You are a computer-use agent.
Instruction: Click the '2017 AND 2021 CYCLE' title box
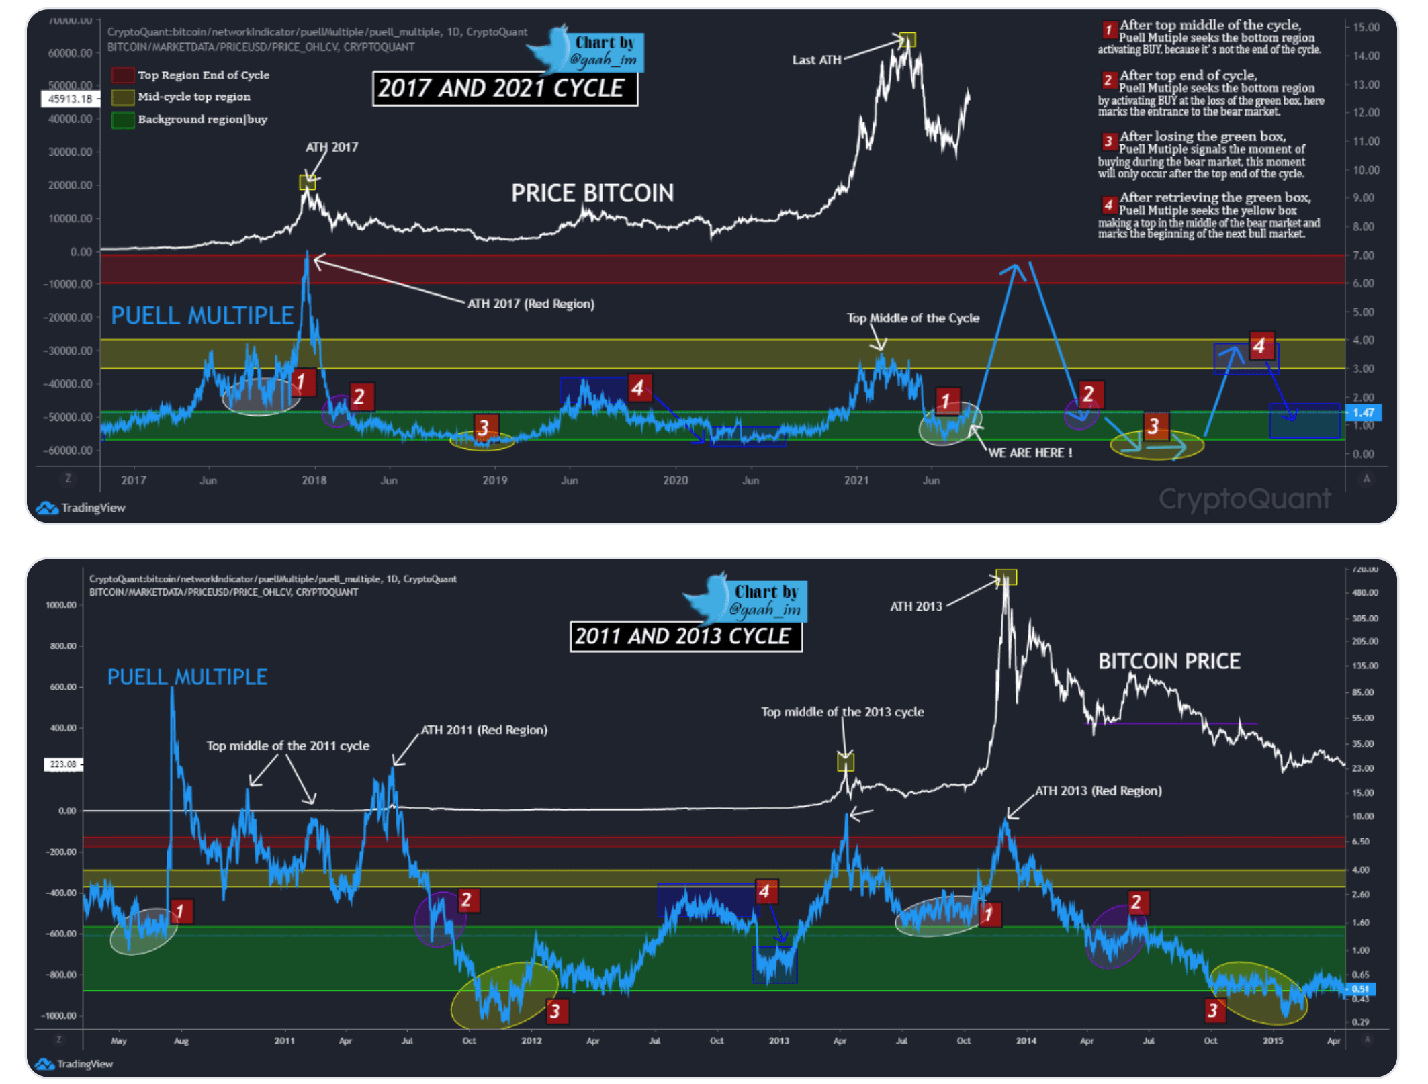(x=504, y=89)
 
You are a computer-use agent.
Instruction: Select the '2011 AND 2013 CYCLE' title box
(x=685, y=636)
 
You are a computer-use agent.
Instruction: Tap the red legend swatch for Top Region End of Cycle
(x=122, y=75)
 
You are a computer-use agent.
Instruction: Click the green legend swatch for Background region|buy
(x=122, y=120)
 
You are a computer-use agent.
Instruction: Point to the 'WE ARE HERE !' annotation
(x=1030, y=453)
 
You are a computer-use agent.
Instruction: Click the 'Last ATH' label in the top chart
(x=816, y=60)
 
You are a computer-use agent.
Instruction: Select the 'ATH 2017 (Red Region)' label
(x=531, y=304)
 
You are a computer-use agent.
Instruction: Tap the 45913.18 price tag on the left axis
(x=71, y=99)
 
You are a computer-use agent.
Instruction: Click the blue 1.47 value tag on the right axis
(x=1362, y=412)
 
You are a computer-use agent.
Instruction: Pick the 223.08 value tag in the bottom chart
(x=63, y=764)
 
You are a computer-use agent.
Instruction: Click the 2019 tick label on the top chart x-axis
(x=494, y=480)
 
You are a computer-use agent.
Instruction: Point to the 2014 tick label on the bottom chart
(x=1026, y=1040)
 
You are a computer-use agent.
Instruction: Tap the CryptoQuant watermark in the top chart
(x=1244, y=498)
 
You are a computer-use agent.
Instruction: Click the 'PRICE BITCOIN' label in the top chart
(x=592, y=193)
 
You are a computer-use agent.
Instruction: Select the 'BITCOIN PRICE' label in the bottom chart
(x=1169, y=661)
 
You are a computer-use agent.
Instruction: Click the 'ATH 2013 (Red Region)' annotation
(x=1098, y=791)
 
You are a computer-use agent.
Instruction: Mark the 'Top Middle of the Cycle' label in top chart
(x=912, y=318)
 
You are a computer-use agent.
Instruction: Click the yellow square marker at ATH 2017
(x=307, y=182)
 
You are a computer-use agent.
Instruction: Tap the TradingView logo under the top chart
(x=81, y=508)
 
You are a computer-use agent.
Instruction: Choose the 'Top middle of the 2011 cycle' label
(x=287, y=746)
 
